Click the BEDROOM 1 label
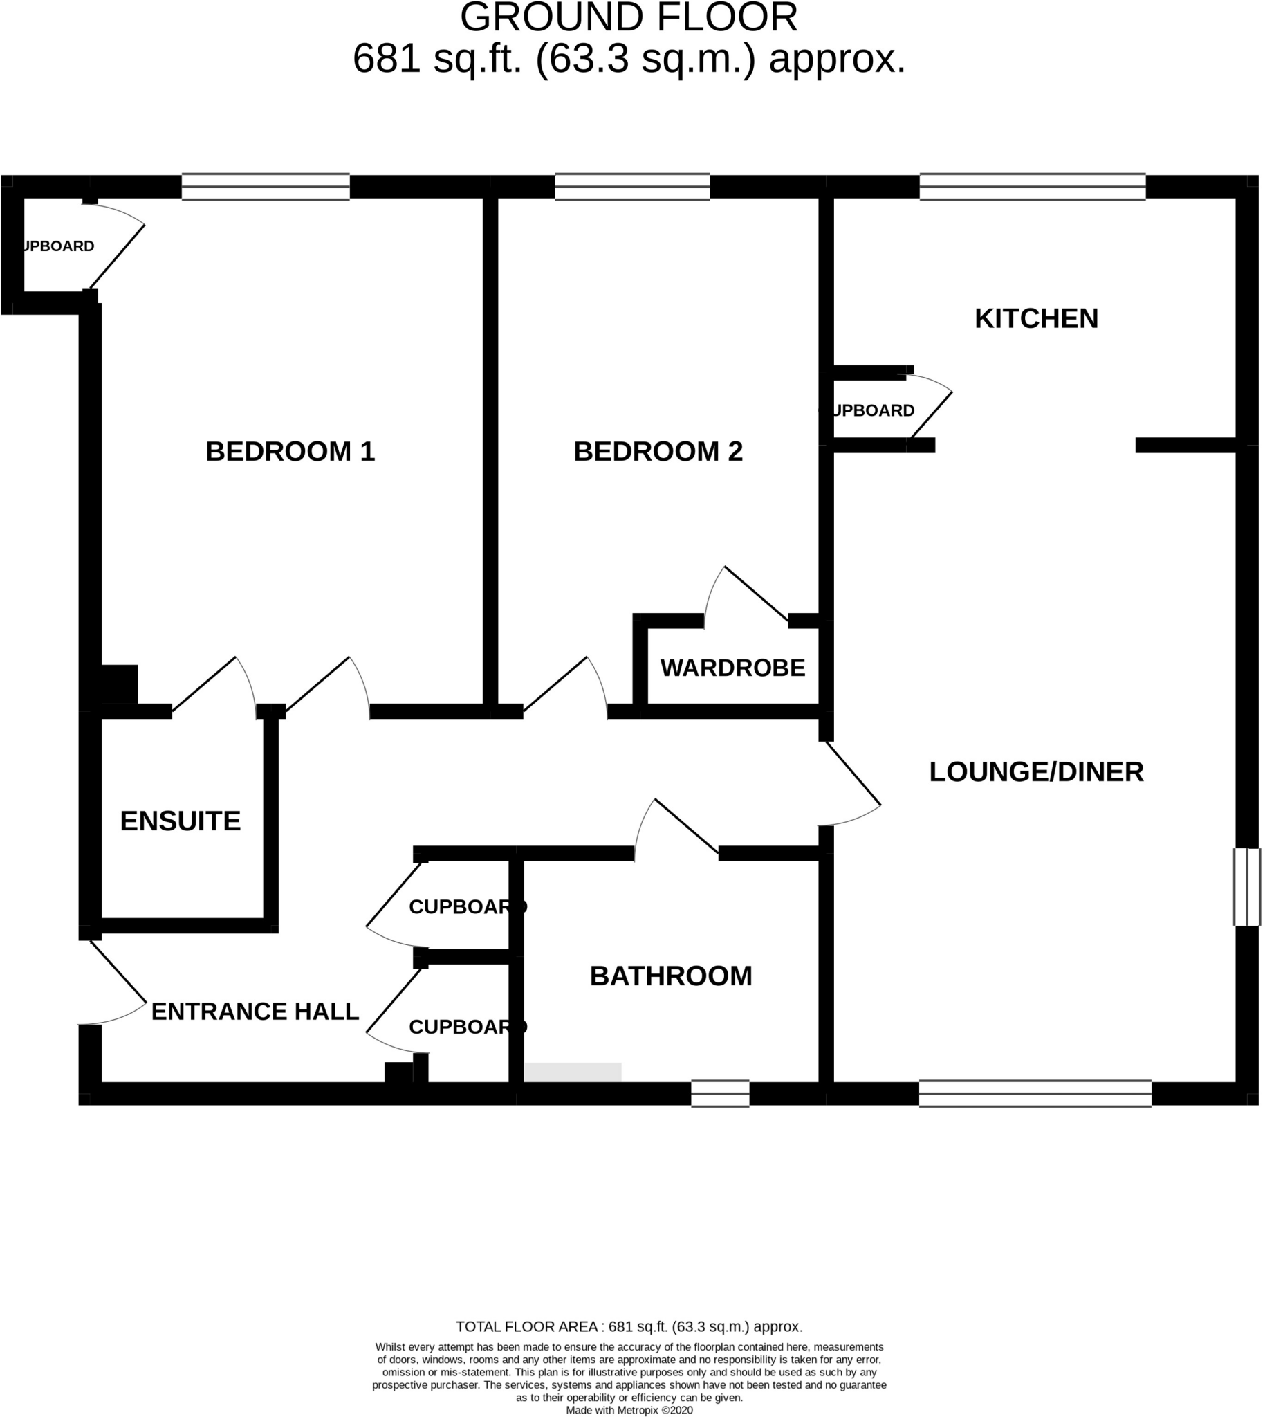tap(290, 452)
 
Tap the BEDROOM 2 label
tap(658, 452)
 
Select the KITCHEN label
tap(1035, 318)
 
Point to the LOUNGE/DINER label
tap(1035, 771)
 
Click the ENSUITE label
tap(180, 821)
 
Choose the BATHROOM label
tap(671, 976)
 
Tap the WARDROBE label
tap(732, 668)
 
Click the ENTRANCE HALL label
tap(255, 1012)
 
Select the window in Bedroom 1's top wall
tap(266, 187)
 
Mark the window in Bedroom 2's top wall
tap(631, 187)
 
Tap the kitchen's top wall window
tap(1032, 187)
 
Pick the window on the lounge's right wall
tap(1247, 886)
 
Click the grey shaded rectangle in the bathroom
tap(573, 1072)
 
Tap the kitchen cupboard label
tap(869, 411)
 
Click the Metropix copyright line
tap(629, 1410)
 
